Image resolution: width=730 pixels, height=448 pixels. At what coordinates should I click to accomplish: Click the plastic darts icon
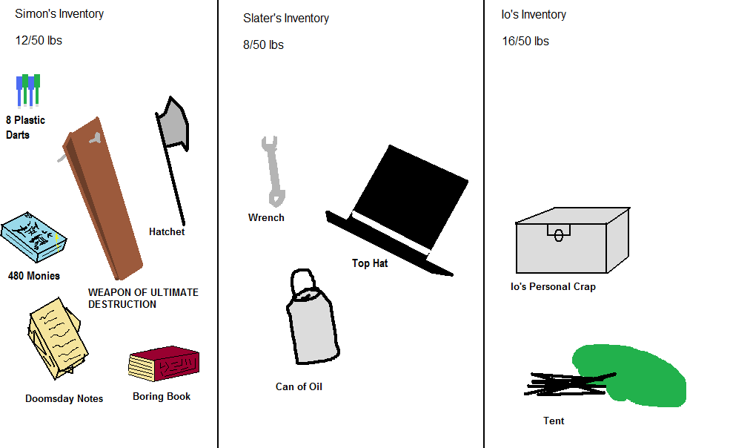(x=28, y=90)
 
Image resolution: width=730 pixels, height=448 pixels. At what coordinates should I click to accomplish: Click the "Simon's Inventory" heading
(x=59, y=14)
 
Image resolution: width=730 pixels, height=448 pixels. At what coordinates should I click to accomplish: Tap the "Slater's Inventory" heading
(x=286, y=19)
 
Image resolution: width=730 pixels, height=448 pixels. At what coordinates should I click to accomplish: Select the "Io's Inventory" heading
(x=534, y=15)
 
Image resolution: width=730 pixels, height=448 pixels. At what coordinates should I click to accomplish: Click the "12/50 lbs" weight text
(x=39, y=41)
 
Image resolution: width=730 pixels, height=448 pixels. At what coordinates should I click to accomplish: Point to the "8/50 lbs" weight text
(x=263, y=45)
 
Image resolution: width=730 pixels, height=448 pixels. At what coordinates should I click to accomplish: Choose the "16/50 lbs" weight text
(x=525, y=42)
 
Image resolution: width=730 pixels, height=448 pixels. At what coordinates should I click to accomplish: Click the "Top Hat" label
(x=370, y=263)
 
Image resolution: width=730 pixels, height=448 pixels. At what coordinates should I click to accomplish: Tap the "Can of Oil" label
(x=299, y=387)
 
